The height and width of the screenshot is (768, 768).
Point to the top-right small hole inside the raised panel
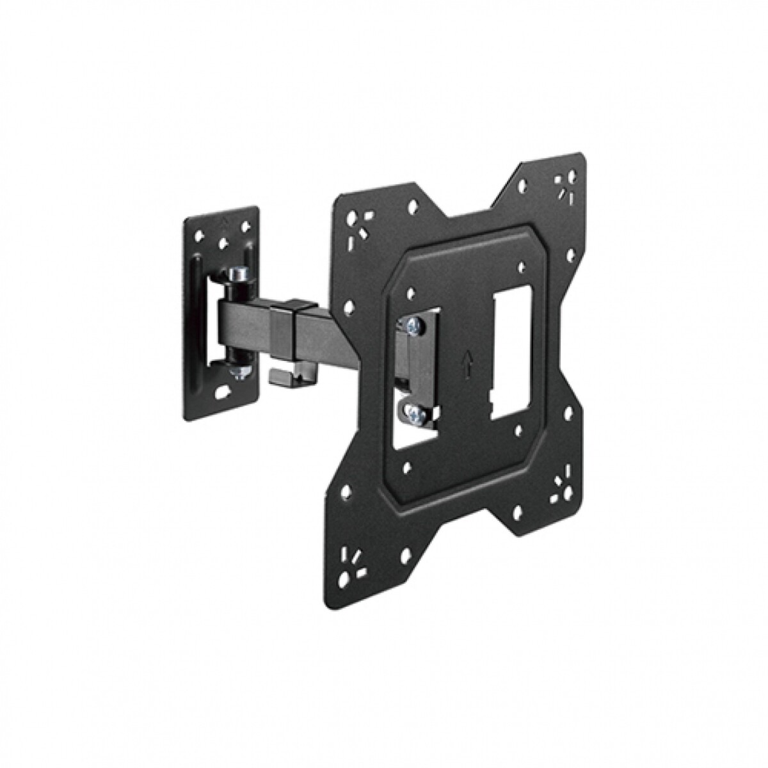tap(522, 263)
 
